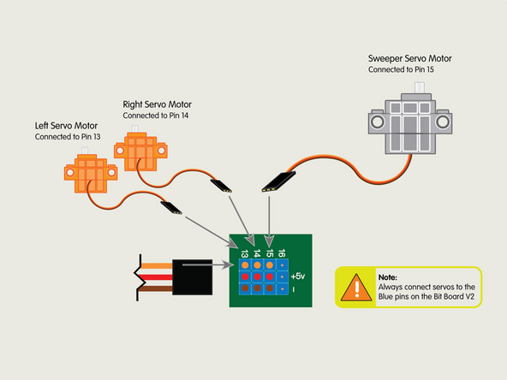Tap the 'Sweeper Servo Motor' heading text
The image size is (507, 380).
point(409,58)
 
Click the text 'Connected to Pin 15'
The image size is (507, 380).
point(402,70)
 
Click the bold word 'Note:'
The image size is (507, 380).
point(387,277)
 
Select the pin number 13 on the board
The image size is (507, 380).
point(244,253)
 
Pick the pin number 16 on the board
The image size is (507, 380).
point(282,252)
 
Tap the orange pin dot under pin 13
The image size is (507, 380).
point(245,265)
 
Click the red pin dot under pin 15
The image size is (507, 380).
point(270,277)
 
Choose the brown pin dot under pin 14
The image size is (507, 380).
point(257,289)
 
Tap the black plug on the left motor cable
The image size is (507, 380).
point(169,205)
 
